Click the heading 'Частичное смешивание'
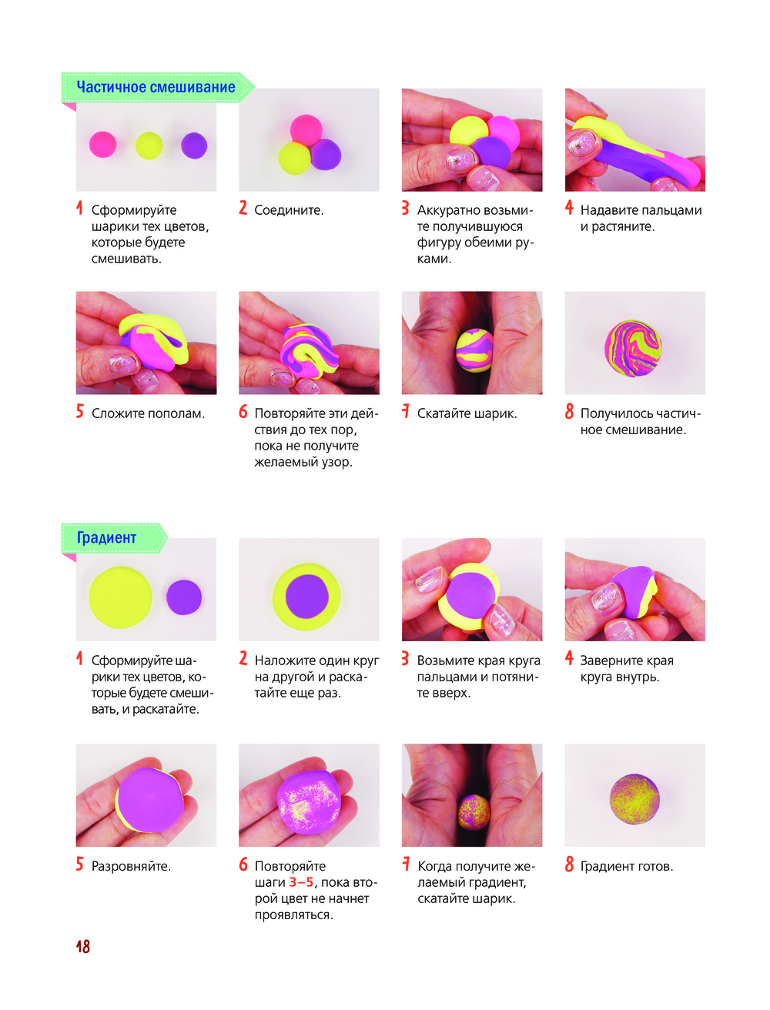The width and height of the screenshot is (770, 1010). pos(156,87)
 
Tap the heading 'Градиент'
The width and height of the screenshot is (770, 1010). pos(106,537)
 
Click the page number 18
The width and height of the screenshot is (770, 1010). pos(83,947)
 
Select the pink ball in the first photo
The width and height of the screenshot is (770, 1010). pos(102,144)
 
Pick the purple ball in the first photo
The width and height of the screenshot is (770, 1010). pos(194,145)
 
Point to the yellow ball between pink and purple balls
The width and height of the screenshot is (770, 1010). pos(149,145)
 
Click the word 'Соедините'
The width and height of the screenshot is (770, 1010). pos(288,210)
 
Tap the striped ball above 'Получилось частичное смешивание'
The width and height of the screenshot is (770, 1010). pos(632,348)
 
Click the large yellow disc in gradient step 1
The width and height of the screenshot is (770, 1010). pos(121,597)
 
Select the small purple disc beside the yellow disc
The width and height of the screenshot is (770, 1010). pos(183,597)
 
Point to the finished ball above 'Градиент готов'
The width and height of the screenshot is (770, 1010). pos(634,799)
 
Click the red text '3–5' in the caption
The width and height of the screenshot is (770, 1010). pos(301,882)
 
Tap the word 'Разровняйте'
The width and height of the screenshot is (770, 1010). pos(130,867)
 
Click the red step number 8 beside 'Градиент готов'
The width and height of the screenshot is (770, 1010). pos(569,865)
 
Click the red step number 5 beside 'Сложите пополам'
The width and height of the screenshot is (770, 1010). pos(80,412)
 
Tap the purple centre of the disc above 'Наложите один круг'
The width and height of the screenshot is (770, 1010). pos(307,597)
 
